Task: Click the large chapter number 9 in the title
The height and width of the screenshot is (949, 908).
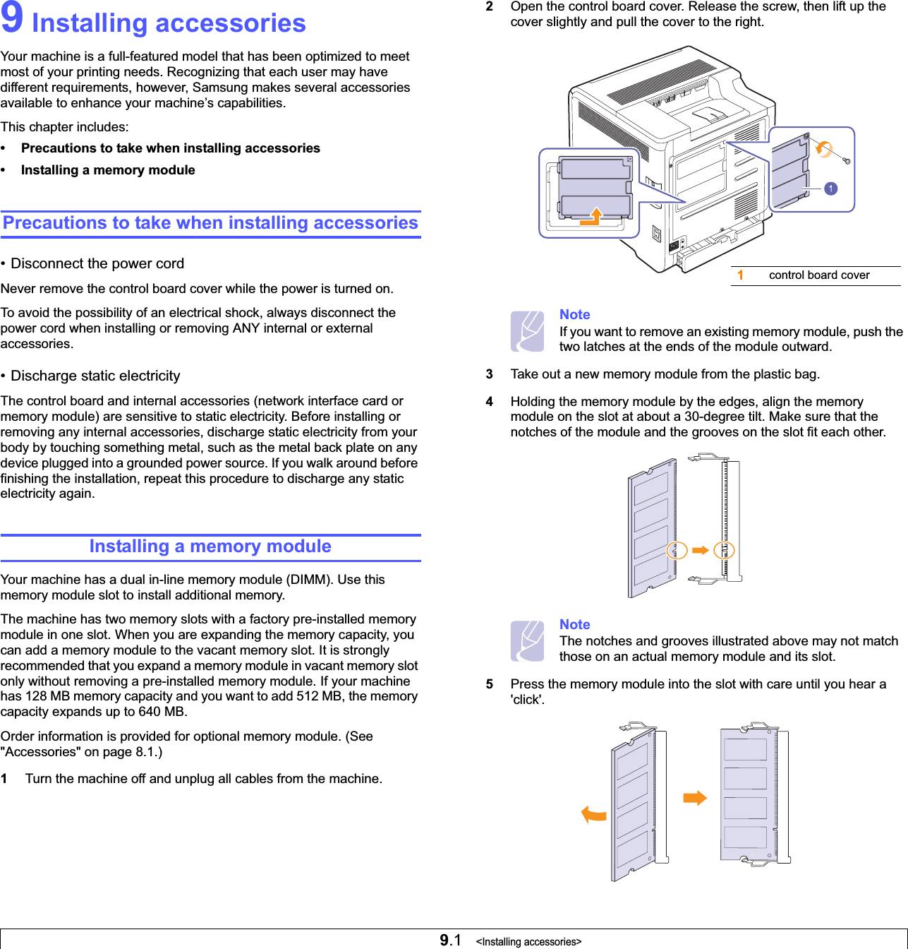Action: tap(12, 19)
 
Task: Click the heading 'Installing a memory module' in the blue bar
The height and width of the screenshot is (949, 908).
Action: tap(210, 547)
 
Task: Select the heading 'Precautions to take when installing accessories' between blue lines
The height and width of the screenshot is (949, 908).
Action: tap(210, 223)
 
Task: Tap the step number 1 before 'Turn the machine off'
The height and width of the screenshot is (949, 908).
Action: tap(4, 779)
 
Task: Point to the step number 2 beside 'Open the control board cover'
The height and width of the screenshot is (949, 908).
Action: tap(489, 6)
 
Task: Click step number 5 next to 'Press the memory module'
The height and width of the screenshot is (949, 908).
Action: tap(489, 684)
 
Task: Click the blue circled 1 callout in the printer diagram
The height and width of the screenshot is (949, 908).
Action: tap(831, 189)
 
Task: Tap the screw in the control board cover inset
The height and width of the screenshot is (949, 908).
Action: tap(847, 161)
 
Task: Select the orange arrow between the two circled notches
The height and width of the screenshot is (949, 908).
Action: tap(701, 550)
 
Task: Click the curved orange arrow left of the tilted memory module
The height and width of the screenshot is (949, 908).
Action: tap(593, 815)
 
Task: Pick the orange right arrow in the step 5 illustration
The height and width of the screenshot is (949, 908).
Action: tap(695, 798)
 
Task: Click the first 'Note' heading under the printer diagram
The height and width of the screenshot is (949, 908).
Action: tap(574, 315)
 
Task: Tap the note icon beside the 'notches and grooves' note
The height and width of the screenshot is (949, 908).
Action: tap(527, 640)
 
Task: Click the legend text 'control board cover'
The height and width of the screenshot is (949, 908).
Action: tap(819, 275)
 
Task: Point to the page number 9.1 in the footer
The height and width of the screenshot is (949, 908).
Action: tap(450, 940)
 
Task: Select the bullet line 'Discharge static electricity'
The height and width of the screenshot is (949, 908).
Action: tap(95, 376)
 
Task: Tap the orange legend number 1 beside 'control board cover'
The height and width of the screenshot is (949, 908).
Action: tap(740, 275)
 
